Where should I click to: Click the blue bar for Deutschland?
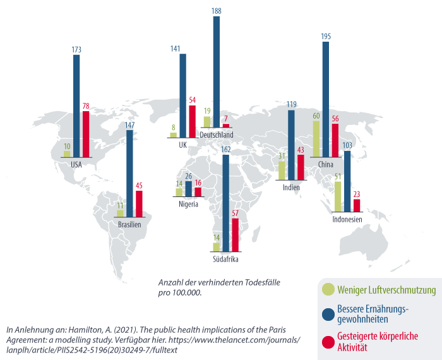point(216,73)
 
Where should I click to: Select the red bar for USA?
point(86,134)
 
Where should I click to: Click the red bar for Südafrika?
point(236,234)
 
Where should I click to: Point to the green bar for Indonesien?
point(338,196)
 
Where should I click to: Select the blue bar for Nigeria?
point(189,189)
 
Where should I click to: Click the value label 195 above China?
point(326,37)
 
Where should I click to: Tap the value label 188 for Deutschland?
point(216,11)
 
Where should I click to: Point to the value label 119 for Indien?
point(291,105)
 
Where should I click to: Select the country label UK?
point(183,145)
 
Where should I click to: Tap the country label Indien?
point(291,188)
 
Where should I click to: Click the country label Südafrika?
point(226,259)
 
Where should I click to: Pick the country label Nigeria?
point(188,204)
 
